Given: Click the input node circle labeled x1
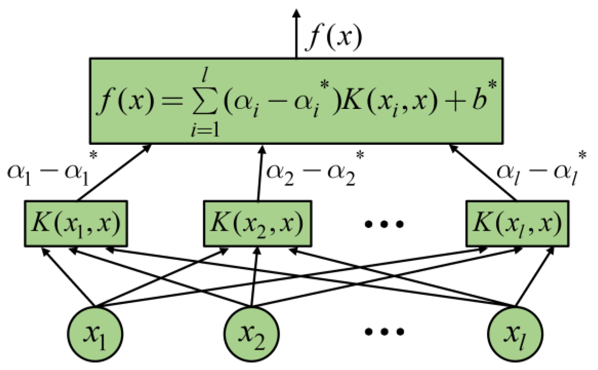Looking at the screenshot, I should tap(95, 334).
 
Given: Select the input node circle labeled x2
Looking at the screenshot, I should tap(252, 334).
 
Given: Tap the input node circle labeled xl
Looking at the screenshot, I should tap(515, 334).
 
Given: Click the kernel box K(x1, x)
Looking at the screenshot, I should tap(76, 224).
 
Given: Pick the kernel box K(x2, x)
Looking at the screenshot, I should tap(257, 224).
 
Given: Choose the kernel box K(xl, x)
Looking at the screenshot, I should tap(517, 224).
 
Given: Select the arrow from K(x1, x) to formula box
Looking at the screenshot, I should tap(114, 173).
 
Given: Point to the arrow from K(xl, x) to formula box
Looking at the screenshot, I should tap(483, 173).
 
